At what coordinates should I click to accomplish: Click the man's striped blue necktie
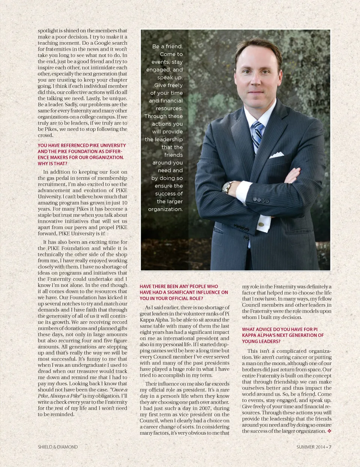tap(257, 135)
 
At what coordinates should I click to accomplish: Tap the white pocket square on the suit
tap(277, 155)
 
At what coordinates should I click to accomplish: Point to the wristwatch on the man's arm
tap(227, 186)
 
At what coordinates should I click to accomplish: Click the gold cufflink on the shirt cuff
tap(261, 225)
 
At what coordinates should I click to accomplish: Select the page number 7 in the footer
tap(330, 447)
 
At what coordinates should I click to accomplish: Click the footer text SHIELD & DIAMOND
tap(58, 447)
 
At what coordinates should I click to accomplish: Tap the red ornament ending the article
tap(329, 431)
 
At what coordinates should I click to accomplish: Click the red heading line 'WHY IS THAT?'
tap(52, 164)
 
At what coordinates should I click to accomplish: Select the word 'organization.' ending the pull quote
tap(165, 209)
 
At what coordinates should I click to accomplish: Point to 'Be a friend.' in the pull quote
tap(167, 47)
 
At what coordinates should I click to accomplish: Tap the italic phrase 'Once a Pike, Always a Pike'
tap(82, 393)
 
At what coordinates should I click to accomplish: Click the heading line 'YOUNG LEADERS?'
tap(261, 341)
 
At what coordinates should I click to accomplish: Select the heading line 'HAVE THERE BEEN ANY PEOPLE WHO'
tap(178, 286)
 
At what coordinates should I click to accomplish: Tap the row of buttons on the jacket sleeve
tap(261, 200)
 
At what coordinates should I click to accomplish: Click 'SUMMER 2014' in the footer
tap(310, 447)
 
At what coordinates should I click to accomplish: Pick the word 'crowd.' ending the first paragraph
tap(45, 135)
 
